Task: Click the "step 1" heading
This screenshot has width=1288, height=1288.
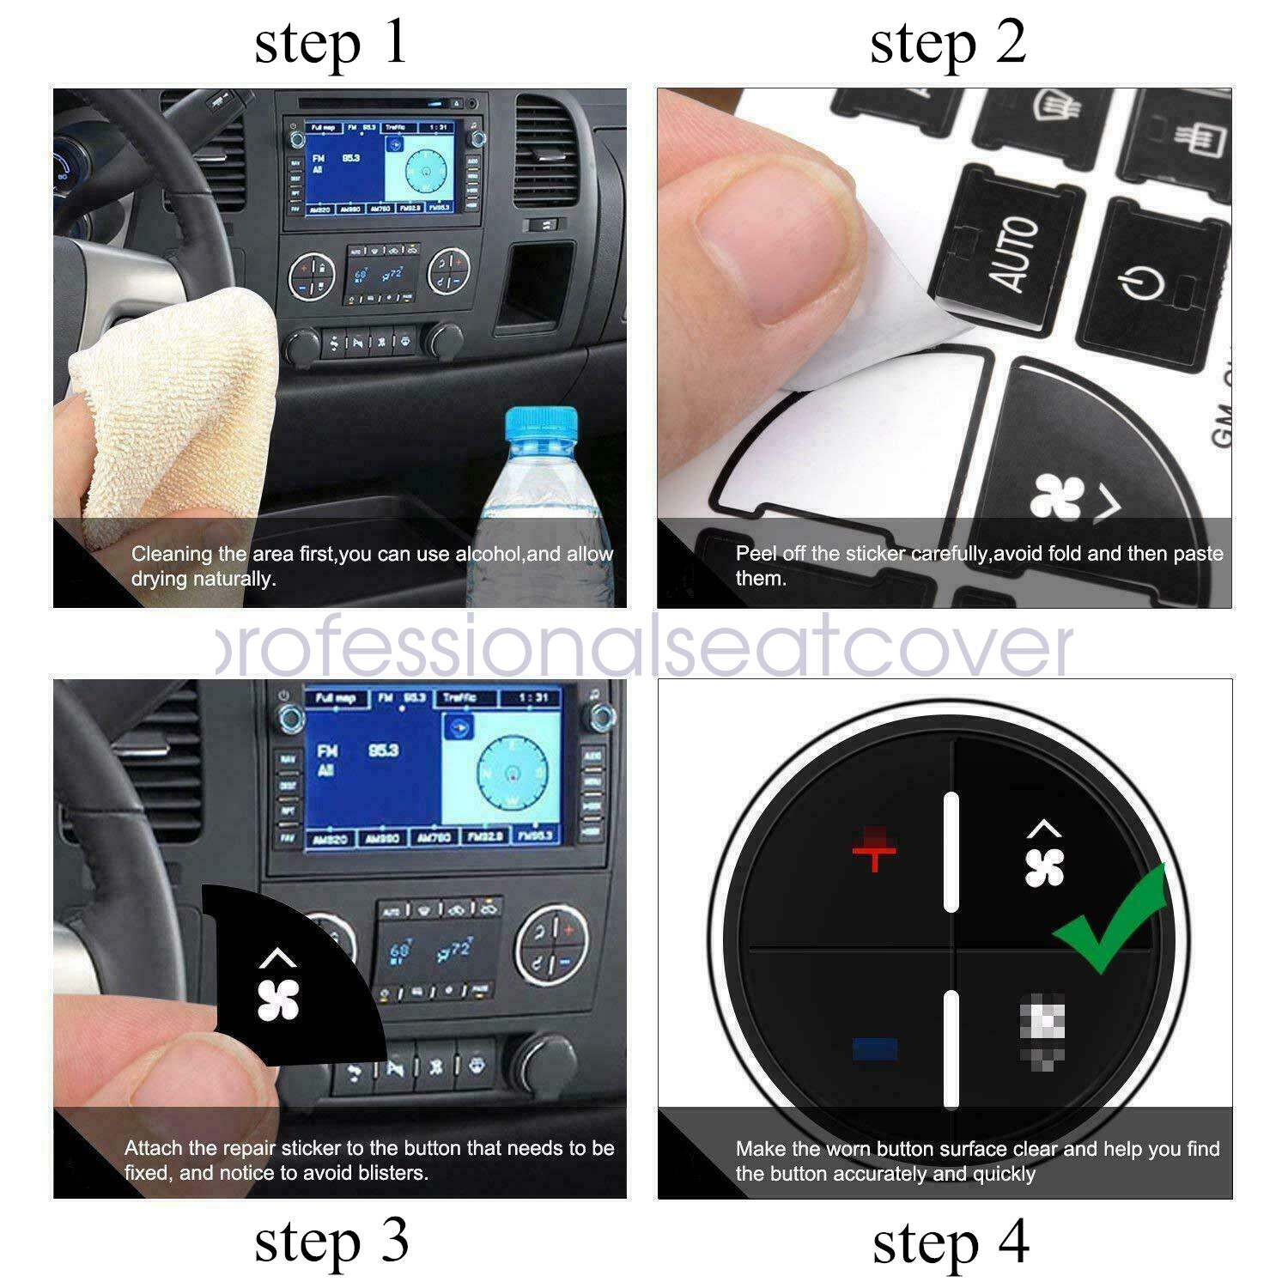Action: [x=331, y=45]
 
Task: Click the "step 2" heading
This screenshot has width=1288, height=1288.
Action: [x=948, y=45]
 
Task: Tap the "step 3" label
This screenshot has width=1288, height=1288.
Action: [x=331, y=1242]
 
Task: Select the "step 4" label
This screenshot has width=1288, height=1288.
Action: [x=951, y=1243]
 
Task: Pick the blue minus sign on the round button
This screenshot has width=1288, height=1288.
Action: [x=875, y=1048]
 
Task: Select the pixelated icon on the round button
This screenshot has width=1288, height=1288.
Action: [x=1042, y=1027]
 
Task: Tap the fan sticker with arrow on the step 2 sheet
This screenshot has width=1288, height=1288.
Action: [x=1073, y=498]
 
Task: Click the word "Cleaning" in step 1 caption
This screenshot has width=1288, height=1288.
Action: [x=171, y=554]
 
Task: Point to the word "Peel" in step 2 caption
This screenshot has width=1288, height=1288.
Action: [x=754, y=554]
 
